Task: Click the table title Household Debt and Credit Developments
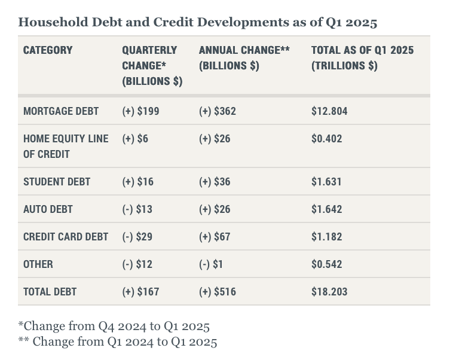(197, 23)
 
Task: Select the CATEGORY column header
(48, 50)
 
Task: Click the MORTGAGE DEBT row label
(61, 111)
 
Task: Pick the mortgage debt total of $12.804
(329, 111)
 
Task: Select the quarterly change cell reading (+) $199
(140, 111)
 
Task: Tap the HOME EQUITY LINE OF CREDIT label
(66, 146)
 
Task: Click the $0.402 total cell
(327, 139)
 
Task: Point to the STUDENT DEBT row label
(57, 182)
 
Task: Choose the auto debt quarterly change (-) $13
(137, 209)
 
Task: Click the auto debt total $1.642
(327, 209)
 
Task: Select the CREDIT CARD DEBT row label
(66, 237)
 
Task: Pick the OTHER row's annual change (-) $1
(211, 264)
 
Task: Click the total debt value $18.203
(329, 292)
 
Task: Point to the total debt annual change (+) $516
(218, 292)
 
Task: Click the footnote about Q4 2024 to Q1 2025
(114, 327)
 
